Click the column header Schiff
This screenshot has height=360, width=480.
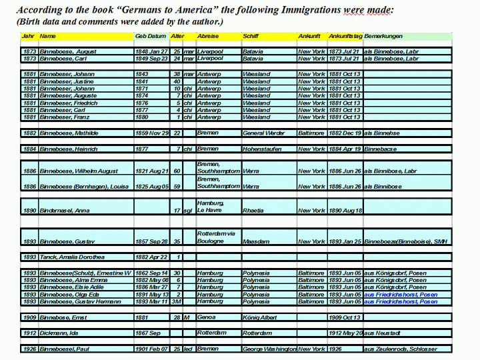coord(252,35)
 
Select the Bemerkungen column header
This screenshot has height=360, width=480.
coord(384,35)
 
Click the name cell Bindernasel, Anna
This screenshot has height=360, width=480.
coord(64,211)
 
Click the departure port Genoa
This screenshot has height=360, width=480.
coord(206,317)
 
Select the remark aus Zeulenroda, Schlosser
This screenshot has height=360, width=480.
coord(401,349)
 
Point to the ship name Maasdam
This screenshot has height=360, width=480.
coord(257,241)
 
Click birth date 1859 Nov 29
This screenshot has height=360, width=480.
coord(152,133)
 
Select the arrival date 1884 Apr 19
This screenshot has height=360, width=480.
coord(345,149)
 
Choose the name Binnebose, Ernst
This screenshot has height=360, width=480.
coord(63,317)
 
